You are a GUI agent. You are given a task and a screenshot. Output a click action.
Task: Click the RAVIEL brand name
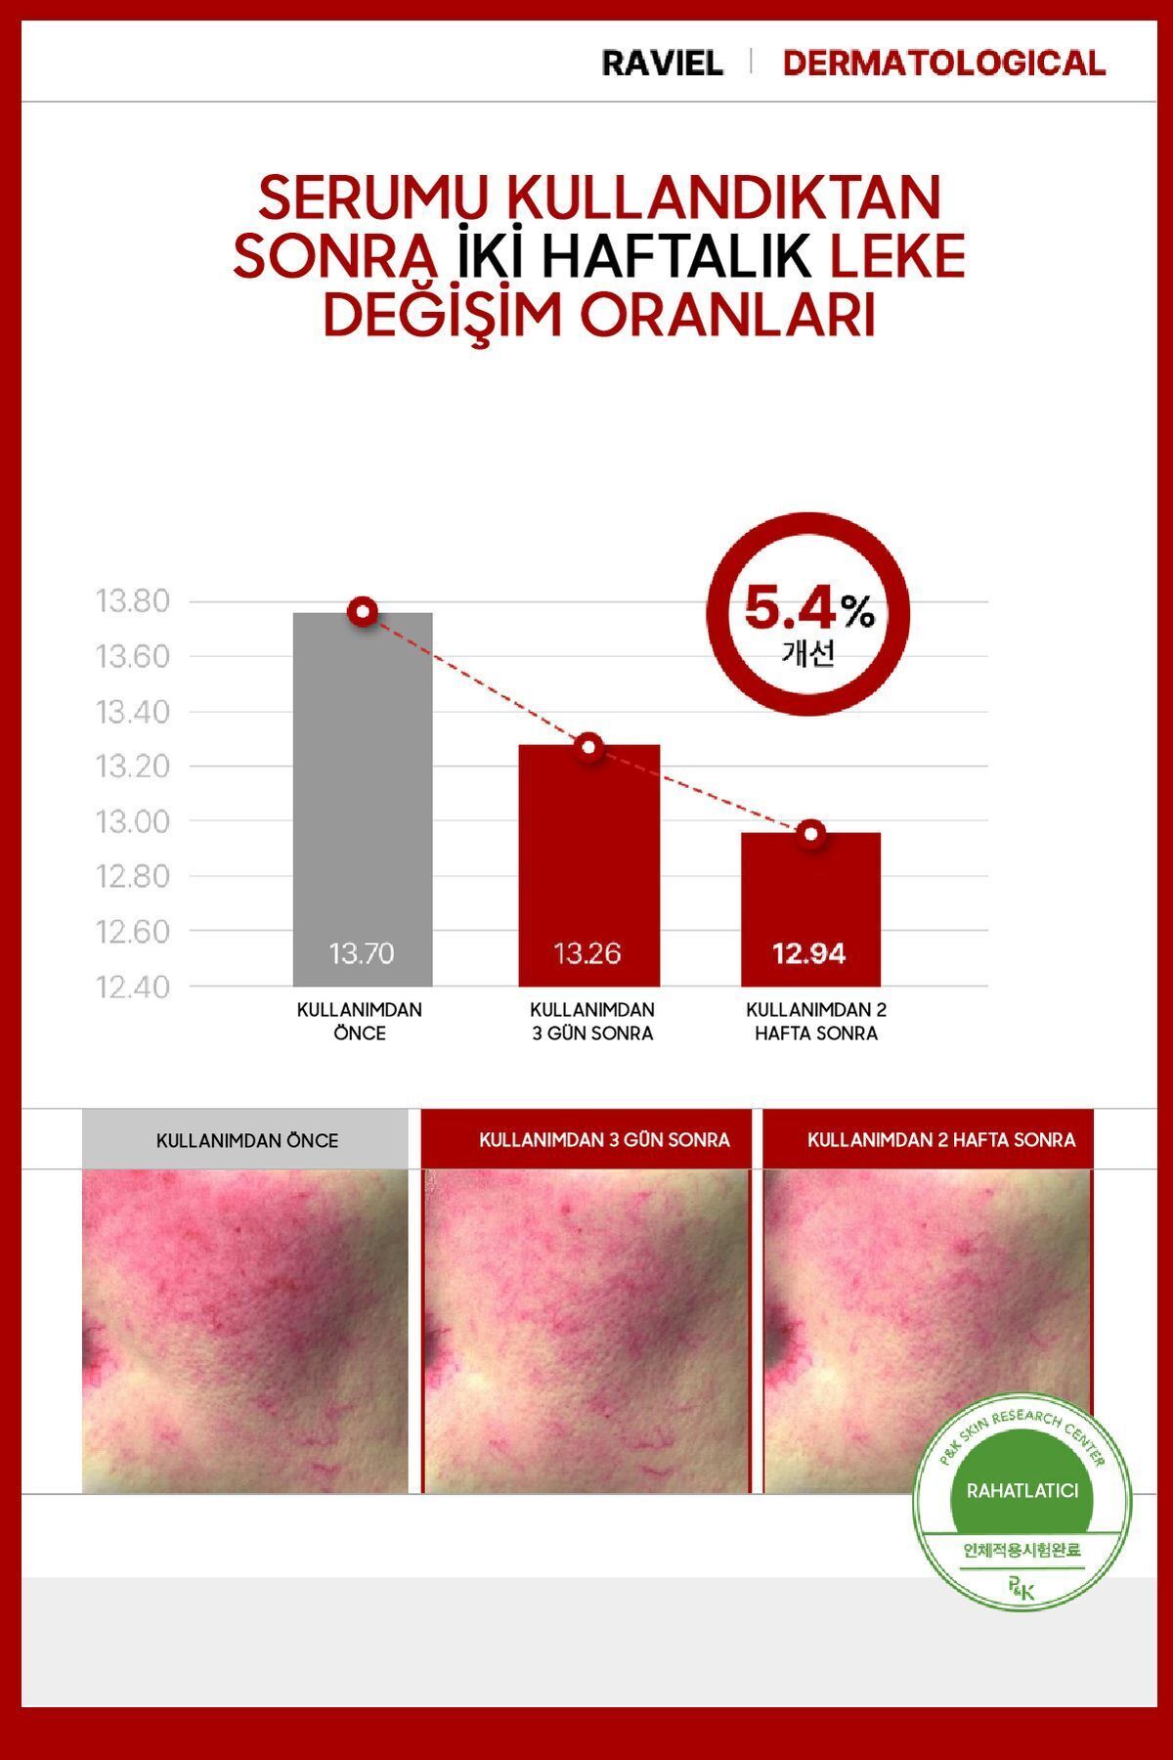point(662,64)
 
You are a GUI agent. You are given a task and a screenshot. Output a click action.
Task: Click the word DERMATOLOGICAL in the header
point(944,64)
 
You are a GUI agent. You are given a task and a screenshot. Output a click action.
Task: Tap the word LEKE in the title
point(897,256)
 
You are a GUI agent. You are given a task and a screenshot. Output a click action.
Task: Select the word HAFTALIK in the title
point(676,256)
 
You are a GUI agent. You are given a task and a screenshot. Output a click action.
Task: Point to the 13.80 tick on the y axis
point(133,600)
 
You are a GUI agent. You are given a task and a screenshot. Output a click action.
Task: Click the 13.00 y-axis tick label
point(133,821)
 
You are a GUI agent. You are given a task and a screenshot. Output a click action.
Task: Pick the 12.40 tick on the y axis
point(133,987)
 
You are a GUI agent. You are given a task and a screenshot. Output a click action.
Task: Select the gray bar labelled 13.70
point(363,800)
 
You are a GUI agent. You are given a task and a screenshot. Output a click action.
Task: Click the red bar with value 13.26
point(589,865)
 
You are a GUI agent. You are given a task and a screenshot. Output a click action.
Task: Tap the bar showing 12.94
point(811,909)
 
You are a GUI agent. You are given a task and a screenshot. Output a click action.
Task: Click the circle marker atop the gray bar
point(364,613)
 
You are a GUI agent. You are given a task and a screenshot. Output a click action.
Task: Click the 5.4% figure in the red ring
point(809,609)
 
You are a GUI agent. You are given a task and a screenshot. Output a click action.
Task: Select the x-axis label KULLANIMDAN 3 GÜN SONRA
point(592,1022)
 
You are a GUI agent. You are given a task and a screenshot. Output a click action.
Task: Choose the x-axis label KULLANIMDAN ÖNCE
point(360,1022)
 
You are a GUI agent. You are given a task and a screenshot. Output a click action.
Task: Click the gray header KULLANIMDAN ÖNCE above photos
point(246,1140)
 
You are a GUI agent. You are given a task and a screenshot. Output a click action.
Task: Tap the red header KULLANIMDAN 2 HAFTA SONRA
point(941,1140)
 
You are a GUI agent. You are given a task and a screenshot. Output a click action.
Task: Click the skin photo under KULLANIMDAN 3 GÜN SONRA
point(586,1331)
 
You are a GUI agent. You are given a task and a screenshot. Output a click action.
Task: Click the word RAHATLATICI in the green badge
point(1022,1491)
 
